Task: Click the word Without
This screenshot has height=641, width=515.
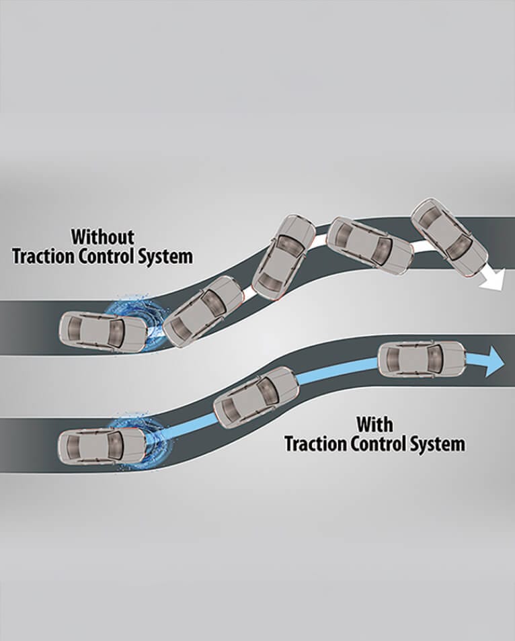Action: click(103, 237)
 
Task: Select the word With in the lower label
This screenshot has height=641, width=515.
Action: click(375, 424)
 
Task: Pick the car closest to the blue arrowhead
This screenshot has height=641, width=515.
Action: click(422, 359)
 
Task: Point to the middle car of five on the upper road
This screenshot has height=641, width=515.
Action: click(283, 256)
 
